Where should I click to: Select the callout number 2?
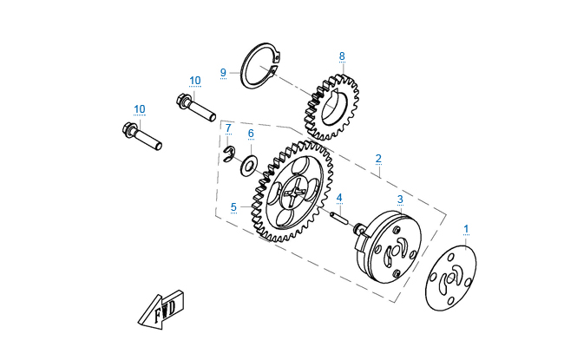coord(378,159)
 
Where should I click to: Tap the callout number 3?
coord(400,199)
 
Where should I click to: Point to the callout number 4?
coord(340,197)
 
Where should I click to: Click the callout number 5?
coord(233,207)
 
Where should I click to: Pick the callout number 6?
coord(251,134)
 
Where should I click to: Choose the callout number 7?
coord(228,128)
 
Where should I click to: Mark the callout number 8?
coord(342,56)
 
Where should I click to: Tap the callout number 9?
coord(223,71)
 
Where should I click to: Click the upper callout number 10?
coord(194,81)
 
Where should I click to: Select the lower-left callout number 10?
coord(140,109)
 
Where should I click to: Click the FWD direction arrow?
coord(161,308)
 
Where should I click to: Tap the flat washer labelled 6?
coord(250,164)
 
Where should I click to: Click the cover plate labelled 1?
coord(451,278)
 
